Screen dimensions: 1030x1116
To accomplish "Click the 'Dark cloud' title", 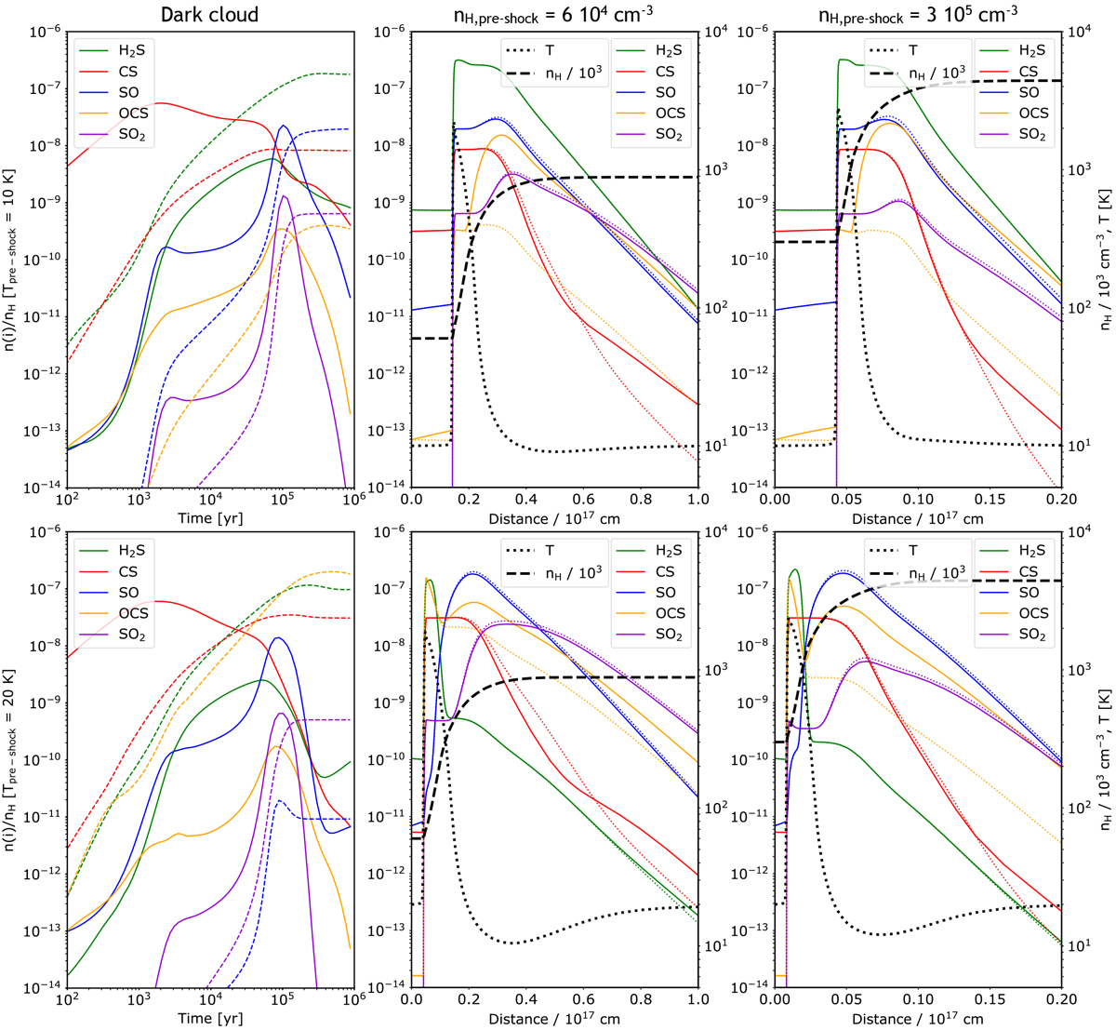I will point(208,15).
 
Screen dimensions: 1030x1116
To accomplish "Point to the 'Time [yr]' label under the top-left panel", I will point(208,518).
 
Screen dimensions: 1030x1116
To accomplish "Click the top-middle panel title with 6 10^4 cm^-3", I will point(555,16).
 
